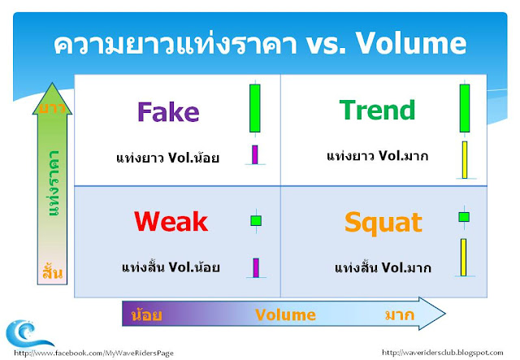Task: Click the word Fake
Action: tap(168, 112)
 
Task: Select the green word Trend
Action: tap(377, 110)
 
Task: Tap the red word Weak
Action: tap(171, 221)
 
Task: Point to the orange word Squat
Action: tap(383, 223)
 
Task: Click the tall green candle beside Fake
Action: tap(255, 109)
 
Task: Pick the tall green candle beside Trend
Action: tap(465, 108)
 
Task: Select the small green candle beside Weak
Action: tap(256, 221)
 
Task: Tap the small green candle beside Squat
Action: tap(464, 217)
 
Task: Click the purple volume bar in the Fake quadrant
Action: tap(254, 154)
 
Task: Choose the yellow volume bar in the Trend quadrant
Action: tap(465, 160)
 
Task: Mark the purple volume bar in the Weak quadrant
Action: tap(256, 267)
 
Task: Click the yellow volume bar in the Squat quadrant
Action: tap(464, 257)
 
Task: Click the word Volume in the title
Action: tap(411, 43)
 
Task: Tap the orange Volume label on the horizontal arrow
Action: tap(285, 314)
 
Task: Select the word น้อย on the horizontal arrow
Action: tap(146, 314)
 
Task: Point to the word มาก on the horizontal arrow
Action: tap(400, 314)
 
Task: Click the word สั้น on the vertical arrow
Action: tap(52, 271)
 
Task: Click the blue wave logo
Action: tap(28, 333)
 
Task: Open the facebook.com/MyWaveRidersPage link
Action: tap(93, 353)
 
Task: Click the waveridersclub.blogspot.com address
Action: tap(442, 353)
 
